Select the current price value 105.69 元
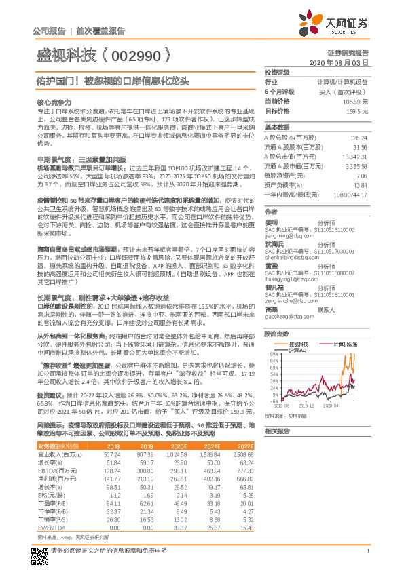click(x=356, y=100)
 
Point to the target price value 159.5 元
click(x=358, y=109)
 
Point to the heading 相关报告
click(x=276, y=431)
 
